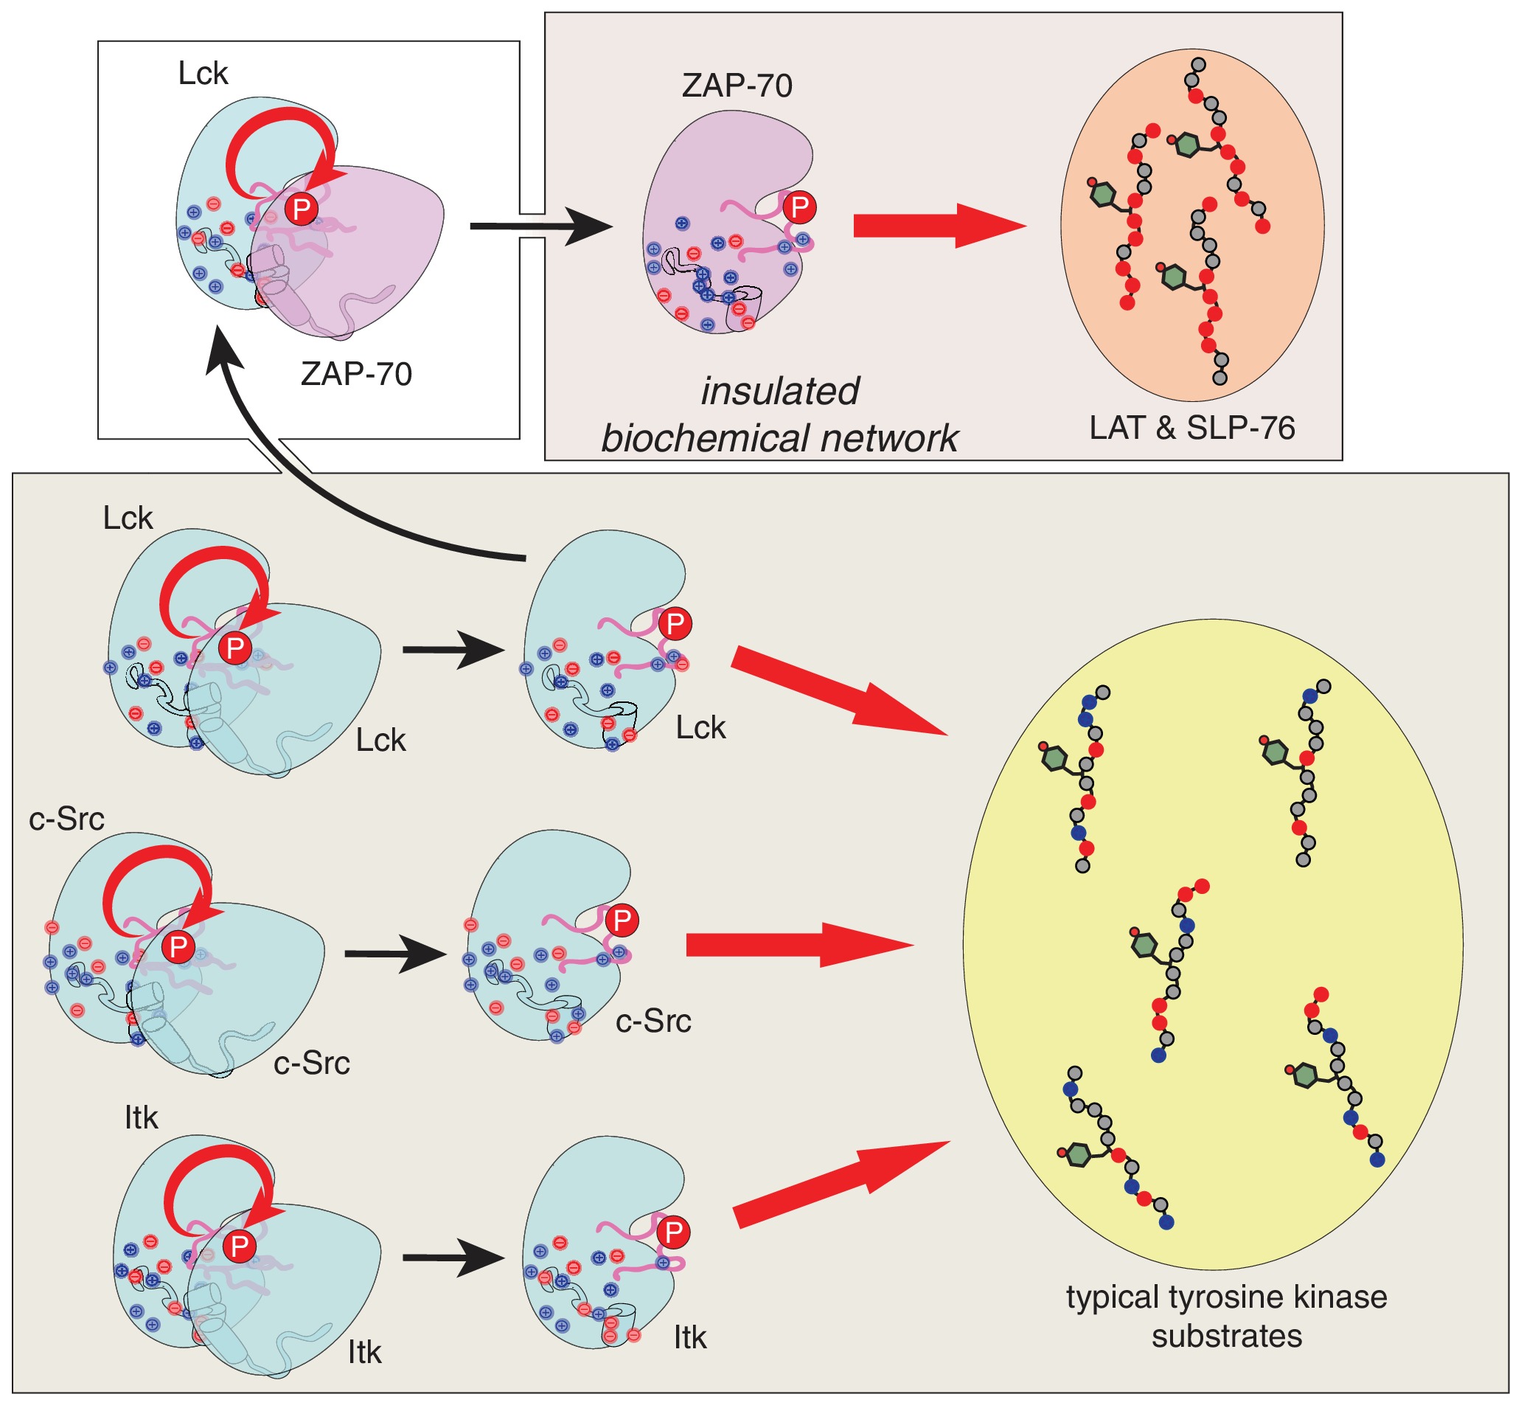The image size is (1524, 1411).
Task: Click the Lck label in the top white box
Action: point(202,74)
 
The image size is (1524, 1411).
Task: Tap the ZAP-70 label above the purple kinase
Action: point(737,86)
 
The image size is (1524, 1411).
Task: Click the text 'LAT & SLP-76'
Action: point(1191,428)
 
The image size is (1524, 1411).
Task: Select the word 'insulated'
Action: point(779,391)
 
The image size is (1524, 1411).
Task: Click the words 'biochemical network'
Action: point(779,438)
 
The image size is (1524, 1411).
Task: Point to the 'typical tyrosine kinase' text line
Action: point(1225,1297)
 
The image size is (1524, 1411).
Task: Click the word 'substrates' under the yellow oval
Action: point(1226,1337)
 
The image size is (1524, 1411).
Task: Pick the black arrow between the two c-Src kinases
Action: point(394,954)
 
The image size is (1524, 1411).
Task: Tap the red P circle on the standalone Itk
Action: point(673,1233)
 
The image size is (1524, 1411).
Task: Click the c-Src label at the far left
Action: point(66,819)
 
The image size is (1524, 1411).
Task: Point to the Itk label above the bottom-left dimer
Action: point(140,1117)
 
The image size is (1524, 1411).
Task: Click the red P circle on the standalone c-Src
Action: point(622,921)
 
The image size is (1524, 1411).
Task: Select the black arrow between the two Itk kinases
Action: point(453,1258)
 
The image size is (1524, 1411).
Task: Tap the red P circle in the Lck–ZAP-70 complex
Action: point(302,209)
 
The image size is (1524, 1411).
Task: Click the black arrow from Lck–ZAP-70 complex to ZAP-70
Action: point(540,226)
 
